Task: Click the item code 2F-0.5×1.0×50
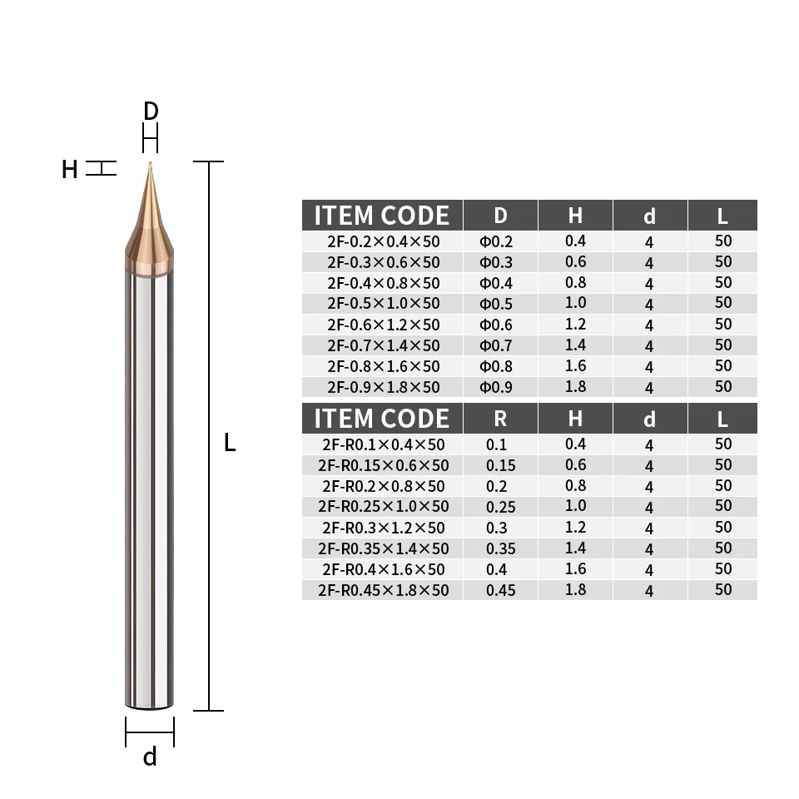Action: [x=383, y=304]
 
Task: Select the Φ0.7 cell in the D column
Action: [x=496, y=345]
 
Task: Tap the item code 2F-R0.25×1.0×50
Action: [x=383, y=507]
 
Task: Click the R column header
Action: [x=500, y=419]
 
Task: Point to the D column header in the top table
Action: [x=500, y=216]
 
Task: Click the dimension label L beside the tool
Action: [x=230, y=444]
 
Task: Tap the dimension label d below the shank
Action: [x=150, y=757]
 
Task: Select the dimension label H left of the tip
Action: [x=70, y=170]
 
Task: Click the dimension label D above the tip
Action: [x=151, y=112]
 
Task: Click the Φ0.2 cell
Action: [x=496, y=242]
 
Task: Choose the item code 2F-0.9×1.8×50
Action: [x=383, y=387]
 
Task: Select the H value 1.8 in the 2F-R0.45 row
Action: [x=575, y=590]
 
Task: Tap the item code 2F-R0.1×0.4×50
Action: [x=383, y=445]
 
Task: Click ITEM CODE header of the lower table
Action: [x=382, y=419]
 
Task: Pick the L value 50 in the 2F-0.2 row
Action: [x=722, y=241]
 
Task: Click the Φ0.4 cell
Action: [x=496, y=283]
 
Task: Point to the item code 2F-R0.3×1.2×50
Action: [x=383, y=528]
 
